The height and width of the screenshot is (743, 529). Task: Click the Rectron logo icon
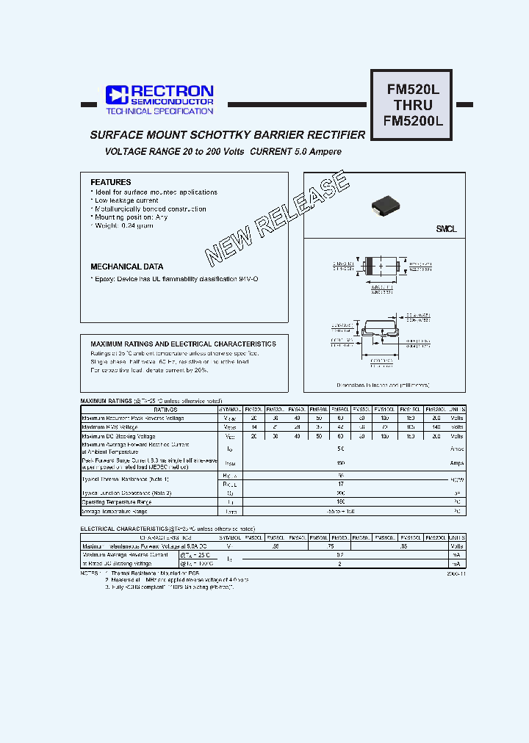116,95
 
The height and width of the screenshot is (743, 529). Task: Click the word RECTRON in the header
172,91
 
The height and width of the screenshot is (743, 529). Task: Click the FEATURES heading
110,182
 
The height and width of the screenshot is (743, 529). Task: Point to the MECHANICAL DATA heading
126,267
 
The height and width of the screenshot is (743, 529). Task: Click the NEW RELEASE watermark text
277,218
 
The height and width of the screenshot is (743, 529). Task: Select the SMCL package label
446,229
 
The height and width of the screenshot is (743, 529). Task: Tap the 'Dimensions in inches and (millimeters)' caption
383,384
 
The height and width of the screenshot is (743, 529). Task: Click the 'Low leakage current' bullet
126,200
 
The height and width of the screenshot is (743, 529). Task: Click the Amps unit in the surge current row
456,464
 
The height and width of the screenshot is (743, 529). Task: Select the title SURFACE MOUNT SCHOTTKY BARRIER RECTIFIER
227,135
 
